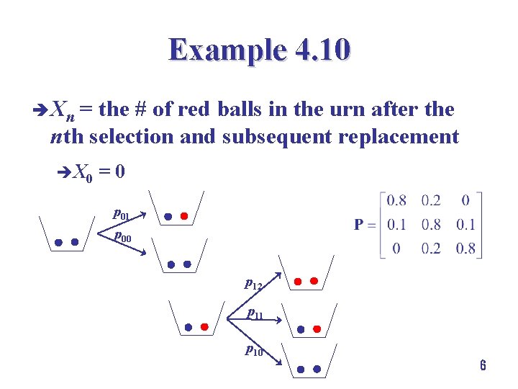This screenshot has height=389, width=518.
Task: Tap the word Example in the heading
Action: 227,50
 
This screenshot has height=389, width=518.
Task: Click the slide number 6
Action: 483,366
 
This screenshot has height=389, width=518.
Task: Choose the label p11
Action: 254,313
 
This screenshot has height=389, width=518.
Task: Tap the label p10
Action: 253,351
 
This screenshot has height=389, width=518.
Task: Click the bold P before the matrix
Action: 361,225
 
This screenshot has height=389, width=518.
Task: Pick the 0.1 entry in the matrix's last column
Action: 465,225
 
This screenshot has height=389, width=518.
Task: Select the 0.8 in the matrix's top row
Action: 396,200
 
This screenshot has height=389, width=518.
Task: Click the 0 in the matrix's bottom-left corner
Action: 396,249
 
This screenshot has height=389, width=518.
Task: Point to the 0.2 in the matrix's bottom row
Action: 432,249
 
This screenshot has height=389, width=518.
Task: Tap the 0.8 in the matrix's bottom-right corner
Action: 465,249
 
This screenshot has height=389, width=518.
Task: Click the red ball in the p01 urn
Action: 184,215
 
